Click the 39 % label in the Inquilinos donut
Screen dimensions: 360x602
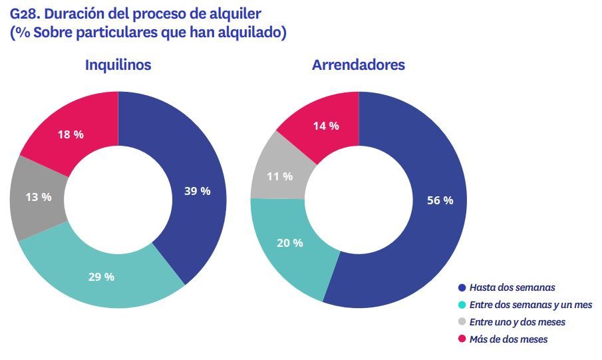coord(197,191)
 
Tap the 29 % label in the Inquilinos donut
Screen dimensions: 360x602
coord(101,277)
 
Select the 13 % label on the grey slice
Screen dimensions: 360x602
coord(39,197)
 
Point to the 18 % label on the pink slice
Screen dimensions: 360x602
coord(71,134)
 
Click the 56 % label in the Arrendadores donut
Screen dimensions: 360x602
coord(440,200)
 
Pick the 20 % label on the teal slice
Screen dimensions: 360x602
coord(289,243)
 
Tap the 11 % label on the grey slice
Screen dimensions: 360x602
coord(279,176)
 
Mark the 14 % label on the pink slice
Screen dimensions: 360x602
coord(326,125)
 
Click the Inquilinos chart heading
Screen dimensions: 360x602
coord(118,65)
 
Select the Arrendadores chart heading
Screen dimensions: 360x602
coord(359,65)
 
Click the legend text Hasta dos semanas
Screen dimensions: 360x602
coord(512,287)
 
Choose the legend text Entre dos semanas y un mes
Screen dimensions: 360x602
coord(530,305)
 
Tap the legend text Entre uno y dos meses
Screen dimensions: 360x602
coord(518,322)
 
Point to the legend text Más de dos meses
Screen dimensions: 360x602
coord(509,339)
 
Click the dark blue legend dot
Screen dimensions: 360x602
coord(462,288)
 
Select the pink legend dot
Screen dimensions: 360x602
coord(462,340)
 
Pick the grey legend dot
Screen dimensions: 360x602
coord(462,323)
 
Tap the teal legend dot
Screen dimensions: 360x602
coord(462,305)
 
